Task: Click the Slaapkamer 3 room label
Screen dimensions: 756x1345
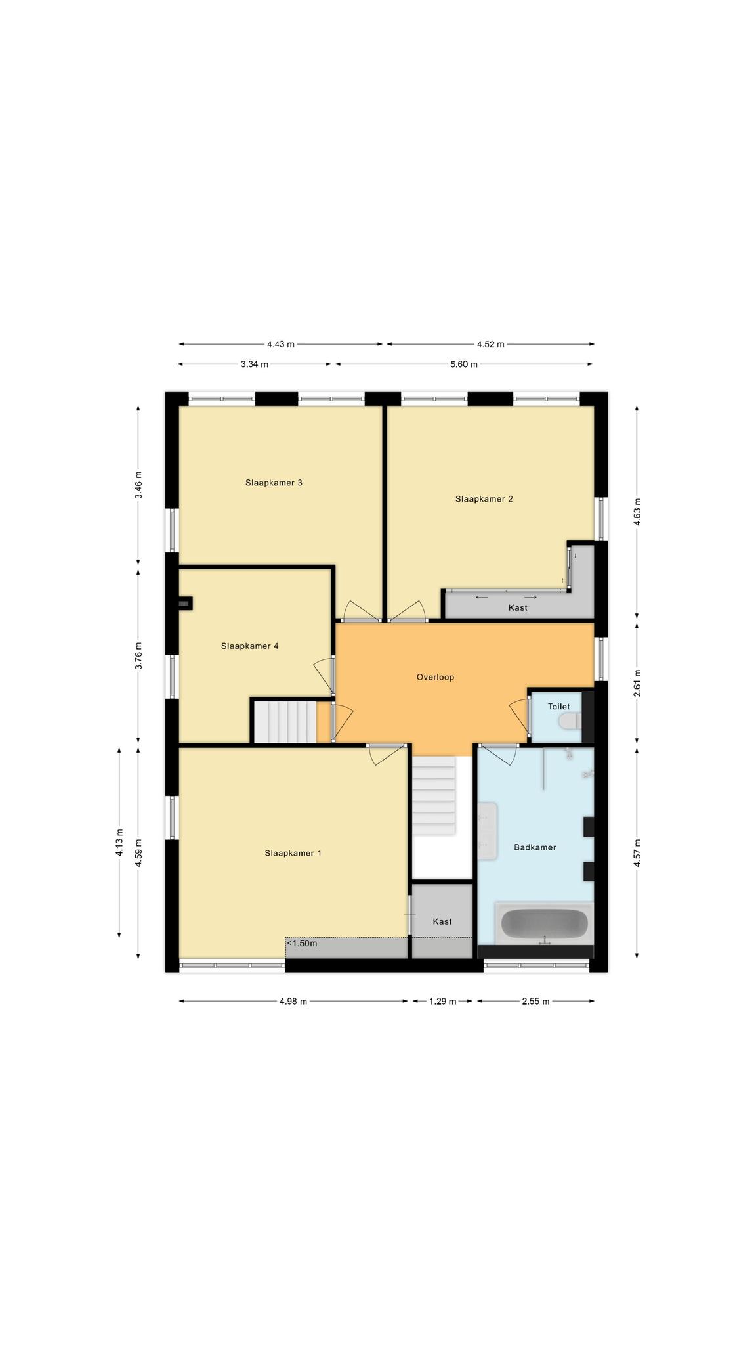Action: coord(274,483)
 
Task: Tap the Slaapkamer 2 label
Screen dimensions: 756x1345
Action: coord(484,499)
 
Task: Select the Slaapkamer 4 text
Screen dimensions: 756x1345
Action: coord(249,646)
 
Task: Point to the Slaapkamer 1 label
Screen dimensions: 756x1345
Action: coord(293,854)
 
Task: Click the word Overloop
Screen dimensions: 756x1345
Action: coord(435,677)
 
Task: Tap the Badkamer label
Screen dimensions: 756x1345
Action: coord(535,848)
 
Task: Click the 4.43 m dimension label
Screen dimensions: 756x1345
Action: coord(281,344)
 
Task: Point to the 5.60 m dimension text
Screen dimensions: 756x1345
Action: coord(464,364)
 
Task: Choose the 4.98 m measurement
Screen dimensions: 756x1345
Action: coord(293,1002)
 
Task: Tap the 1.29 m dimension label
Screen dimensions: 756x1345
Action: coord(442,1002)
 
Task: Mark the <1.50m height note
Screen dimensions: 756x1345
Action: coord(302,944)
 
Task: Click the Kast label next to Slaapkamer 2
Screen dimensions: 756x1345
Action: coord(518,608)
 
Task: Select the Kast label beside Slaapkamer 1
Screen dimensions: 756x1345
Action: coord(442,922)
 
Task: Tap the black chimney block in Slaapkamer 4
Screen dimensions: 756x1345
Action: coord(185,604)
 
